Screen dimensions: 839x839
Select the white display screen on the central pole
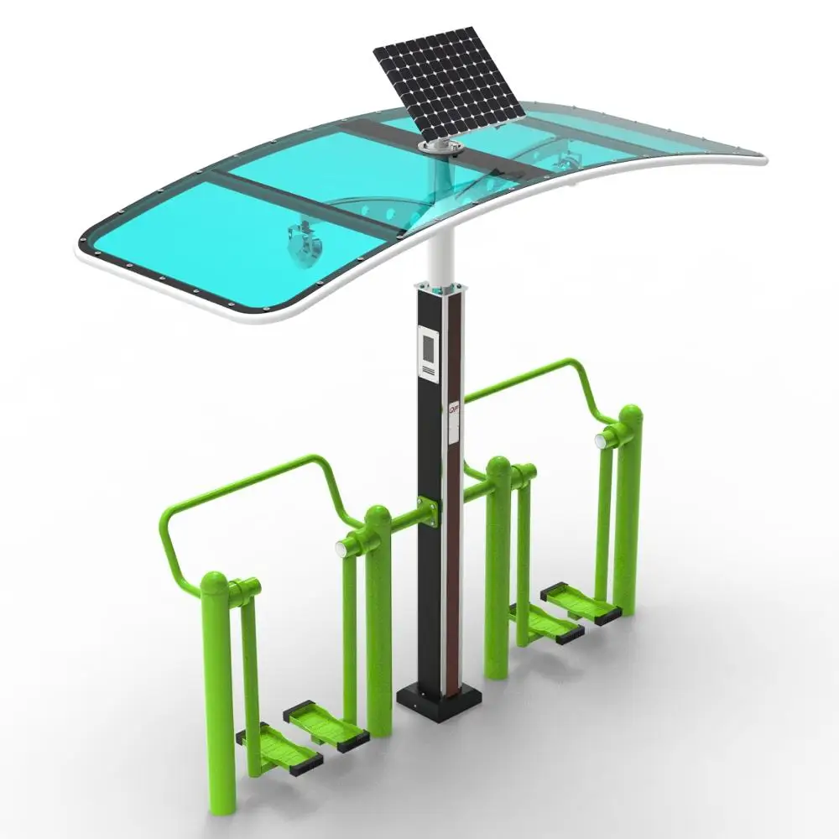tap(428, 352)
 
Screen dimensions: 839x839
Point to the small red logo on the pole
tap(452, 409)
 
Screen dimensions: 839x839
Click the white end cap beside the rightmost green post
tap(602, 440)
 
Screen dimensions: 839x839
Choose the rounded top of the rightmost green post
tap(629, 415)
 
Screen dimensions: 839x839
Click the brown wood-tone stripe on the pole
tap(454, 503)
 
